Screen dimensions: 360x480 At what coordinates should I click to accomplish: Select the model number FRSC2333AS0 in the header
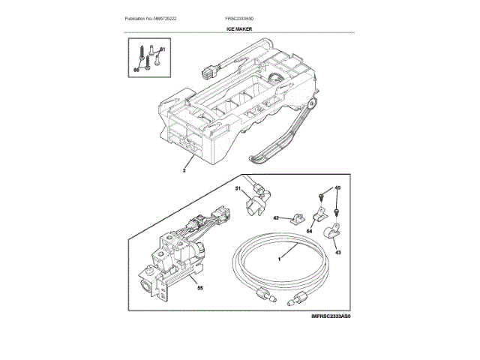[x=241, y=17]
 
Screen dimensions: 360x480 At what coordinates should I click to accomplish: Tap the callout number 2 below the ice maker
[x=184, y=170]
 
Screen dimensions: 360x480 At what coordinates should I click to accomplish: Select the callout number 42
[x=275, y=218]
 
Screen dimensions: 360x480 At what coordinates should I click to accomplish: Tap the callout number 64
[x=308, y=232]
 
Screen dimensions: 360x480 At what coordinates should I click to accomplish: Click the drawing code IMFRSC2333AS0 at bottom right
[x=331, y=317]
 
